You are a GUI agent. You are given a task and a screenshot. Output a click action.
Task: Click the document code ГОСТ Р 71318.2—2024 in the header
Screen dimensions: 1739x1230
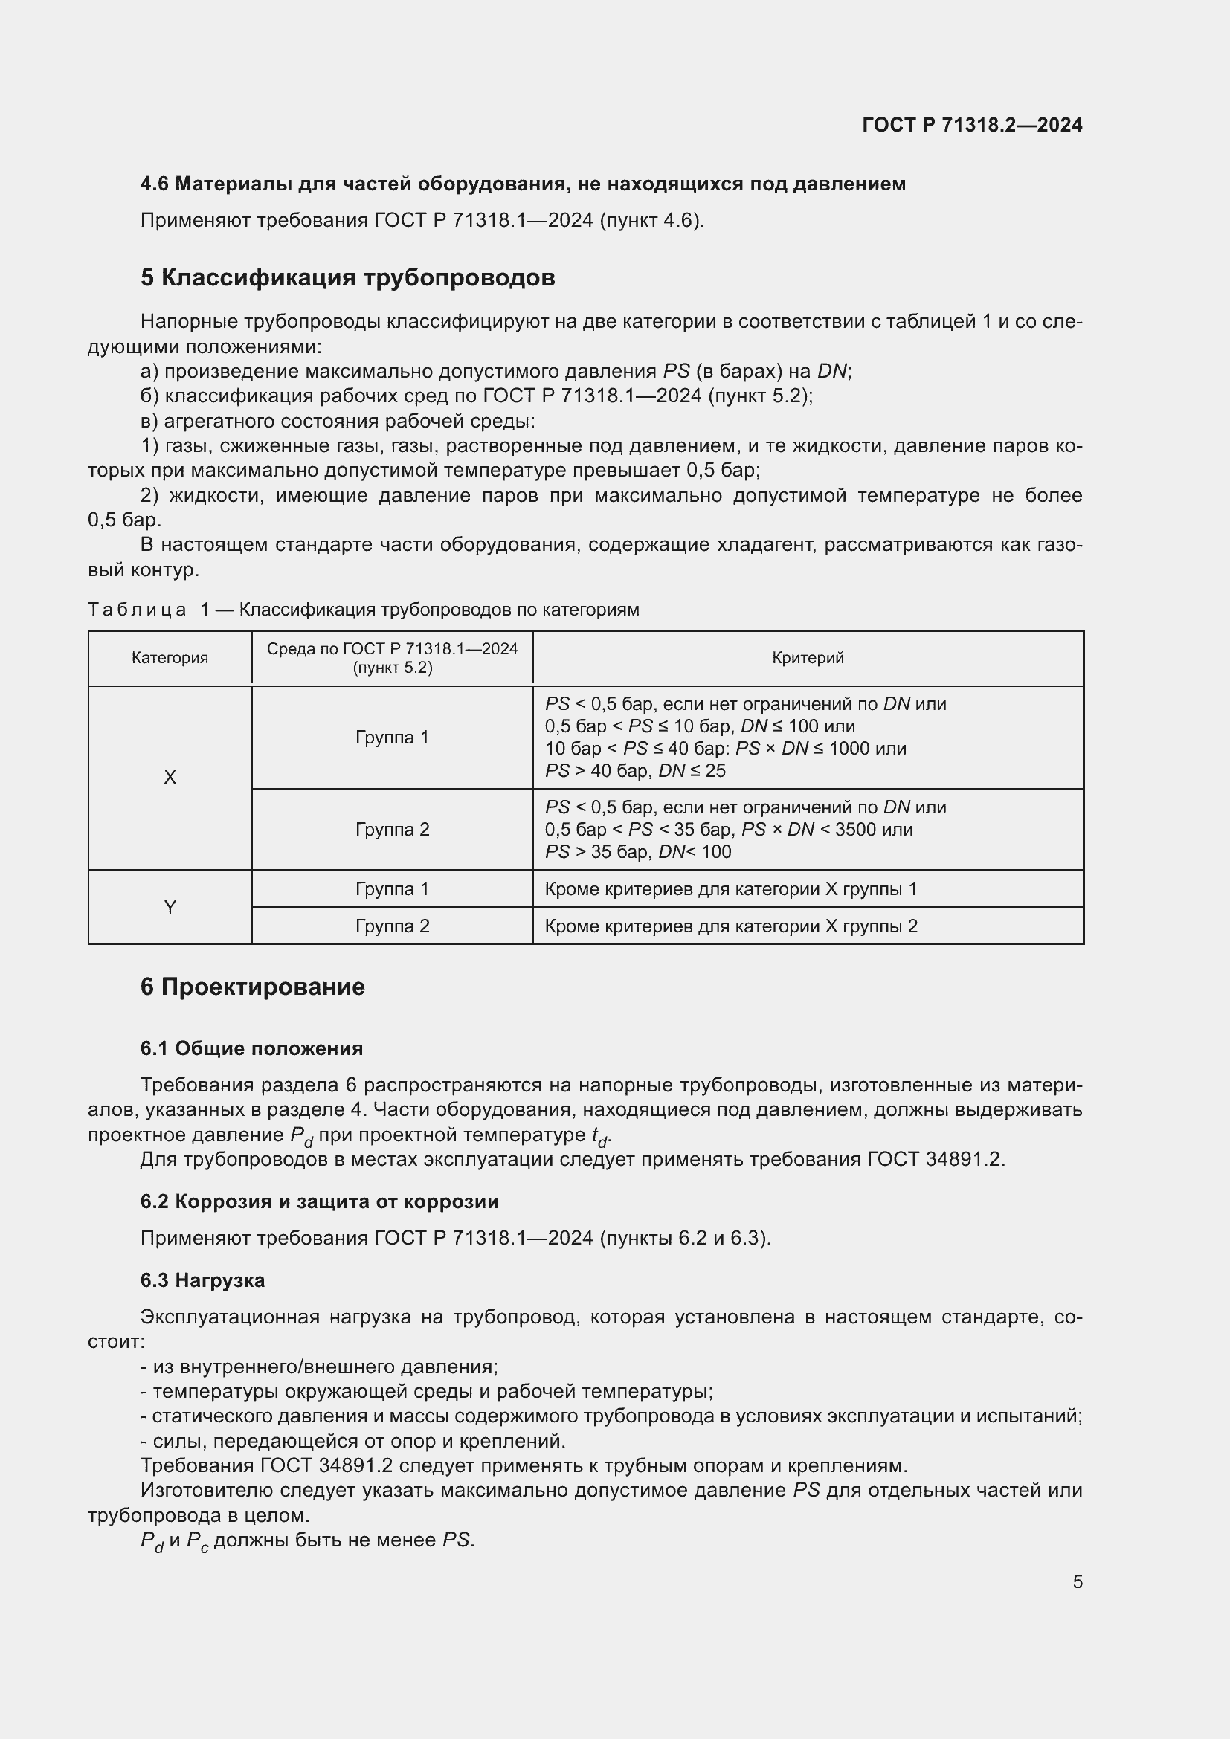pos(972,125)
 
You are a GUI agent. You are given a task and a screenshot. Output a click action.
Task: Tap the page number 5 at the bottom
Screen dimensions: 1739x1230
pos(1077,1581)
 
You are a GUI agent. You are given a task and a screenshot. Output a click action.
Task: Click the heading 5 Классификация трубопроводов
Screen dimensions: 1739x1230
pos(347,278)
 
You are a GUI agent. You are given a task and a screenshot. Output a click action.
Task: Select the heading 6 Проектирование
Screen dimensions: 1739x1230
pos(252,987)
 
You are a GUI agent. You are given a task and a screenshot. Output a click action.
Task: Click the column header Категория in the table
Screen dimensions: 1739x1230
pos(170,657)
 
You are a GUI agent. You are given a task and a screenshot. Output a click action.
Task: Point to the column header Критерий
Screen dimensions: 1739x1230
pos(808,657)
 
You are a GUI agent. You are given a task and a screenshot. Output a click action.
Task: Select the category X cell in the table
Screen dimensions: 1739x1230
pos(170,777)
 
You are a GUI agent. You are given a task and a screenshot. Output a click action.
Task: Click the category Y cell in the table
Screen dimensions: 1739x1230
pos(170,906)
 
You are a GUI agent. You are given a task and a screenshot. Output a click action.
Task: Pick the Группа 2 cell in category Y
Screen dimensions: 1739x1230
pos(393,926)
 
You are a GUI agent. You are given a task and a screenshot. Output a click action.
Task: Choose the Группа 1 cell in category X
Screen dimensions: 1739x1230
pos(393,737)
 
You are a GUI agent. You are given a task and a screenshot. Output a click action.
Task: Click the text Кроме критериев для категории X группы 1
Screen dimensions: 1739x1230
pos(730,888)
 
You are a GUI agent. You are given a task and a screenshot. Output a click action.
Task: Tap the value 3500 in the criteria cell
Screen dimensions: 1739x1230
pos(855,830)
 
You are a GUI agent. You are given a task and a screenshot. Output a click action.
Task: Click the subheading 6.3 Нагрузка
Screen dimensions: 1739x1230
pos(202,1280)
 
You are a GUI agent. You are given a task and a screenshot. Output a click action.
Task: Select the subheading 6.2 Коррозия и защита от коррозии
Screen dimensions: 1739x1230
pos(319,1201)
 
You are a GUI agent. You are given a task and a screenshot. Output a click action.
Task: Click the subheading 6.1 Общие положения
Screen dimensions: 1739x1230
pos(251,1048)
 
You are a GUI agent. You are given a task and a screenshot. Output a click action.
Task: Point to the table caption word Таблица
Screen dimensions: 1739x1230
pos(137,610)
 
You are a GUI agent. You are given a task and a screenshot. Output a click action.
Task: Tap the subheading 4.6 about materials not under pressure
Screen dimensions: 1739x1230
pos(523,184)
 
